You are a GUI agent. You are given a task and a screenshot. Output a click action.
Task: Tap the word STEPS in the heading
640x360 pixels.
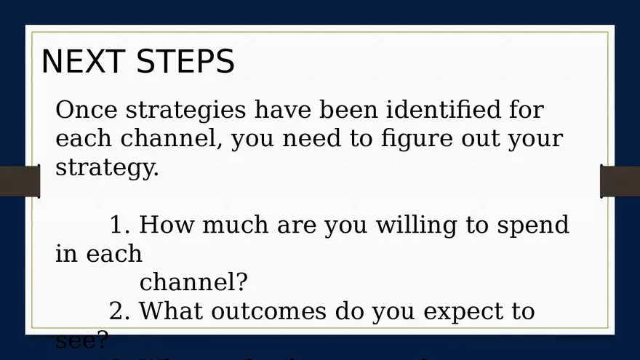(x=185, y=62)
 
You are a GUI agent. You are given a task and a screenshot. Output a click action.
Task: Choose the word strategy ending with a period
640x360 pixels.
(x=106, y=168)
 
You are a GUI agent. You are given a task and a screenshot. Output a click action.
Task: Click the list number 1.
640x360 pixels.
(x=119, y=225)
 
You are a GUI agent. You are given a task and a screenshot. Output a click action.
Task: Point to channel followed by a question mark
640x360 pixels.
(x=193, y=281)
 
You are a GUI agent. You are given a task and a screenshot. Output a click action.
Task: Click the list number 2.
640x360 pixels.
(x=119, y=311)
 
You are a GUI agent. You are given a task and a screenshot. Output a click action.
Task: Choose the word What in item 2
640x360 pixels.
(x=171, y=311)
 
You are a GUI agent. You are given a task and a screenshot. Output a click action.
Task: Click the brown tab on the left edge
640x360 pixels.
(x=19, y=182)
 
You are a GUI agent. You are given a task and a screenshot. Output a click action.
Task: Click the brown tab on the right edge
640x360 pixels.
(x=620, y=182)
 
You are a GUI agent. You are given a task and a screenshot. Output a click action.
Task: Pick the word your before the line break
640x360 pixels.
(x=535, y=139)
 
